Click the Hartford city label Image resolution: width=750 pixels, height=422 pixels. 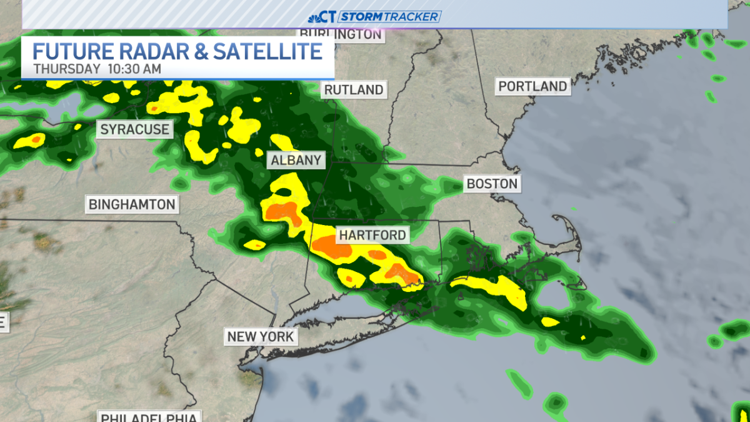click(372, 236)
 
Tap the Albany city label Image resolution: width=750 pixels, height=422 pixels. click(296, 161)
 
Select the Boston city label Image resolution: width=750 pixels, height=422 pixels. click(492, 184)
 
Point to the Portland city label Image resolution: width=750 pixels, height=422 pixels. click(533, 87)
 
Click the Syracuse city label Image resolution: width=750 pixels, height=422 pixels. click(135, 129)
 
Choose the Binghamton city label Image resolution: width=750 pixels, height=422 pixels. click(132, 204)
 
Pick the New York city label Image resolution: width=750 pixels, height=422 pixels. click(260, 337)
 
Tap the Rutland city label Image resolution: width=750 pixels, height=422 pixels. click(353, 90)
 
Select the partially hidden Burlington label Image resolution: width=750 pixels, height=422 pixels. click(340, 34)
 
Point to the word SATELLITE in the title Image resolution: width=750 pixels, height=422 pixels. click(267, 51)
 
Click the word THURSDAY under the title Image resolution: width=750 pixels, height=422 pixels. click(67, 69)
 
